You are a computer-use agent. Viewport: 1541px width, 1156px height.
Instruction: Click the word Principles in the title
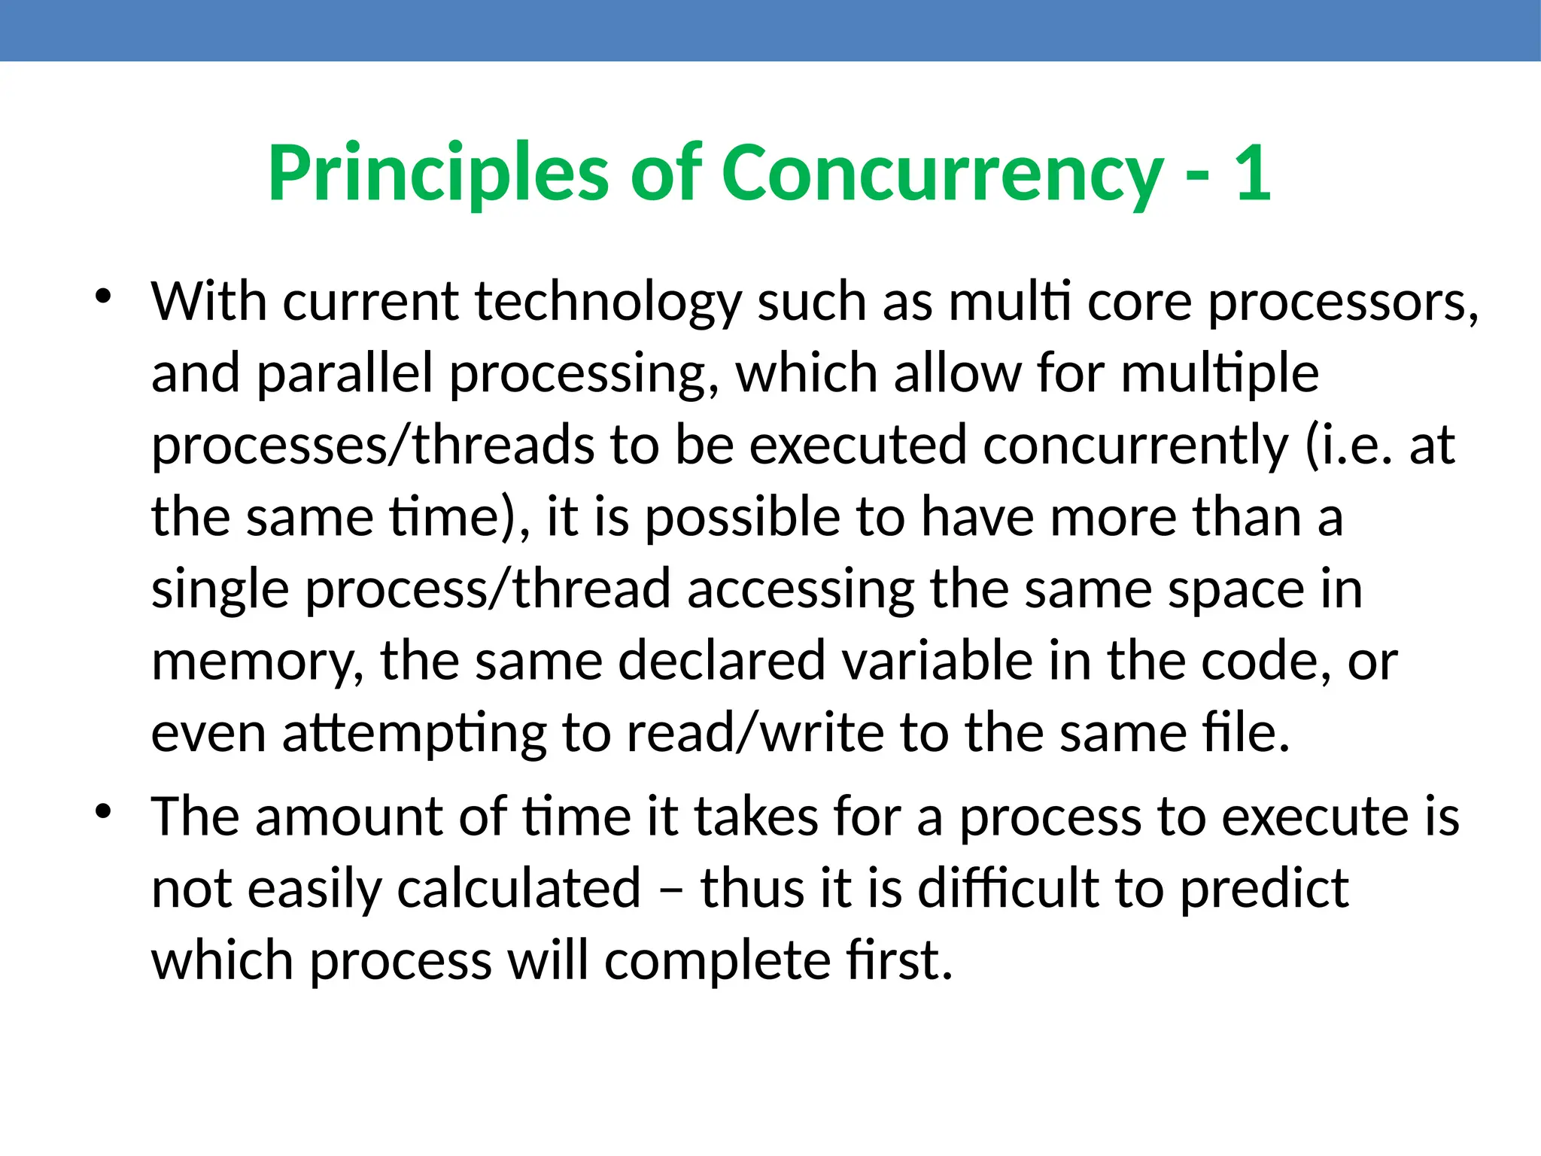[438, 175]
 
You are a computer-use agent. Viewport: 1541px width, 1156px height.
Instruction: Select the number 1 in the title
[1252, 175]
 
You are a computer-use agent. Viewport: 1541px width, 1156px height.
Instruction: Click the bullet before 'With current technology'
[103, 296]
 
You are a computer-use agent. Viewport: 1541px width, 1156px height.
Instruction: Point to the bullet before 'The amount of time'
[103, 811]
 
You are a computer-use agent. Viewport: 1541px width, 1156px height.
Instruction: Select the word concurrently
[1135, 446]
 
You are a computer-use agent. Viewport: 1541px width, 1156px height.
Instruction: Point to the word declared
[722, 661]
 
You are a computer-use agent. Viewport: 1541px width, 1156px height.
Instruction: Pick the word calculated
[518, 889]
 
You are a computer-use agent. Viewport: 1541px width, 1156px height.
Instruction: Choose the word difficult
[1009, 889]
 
